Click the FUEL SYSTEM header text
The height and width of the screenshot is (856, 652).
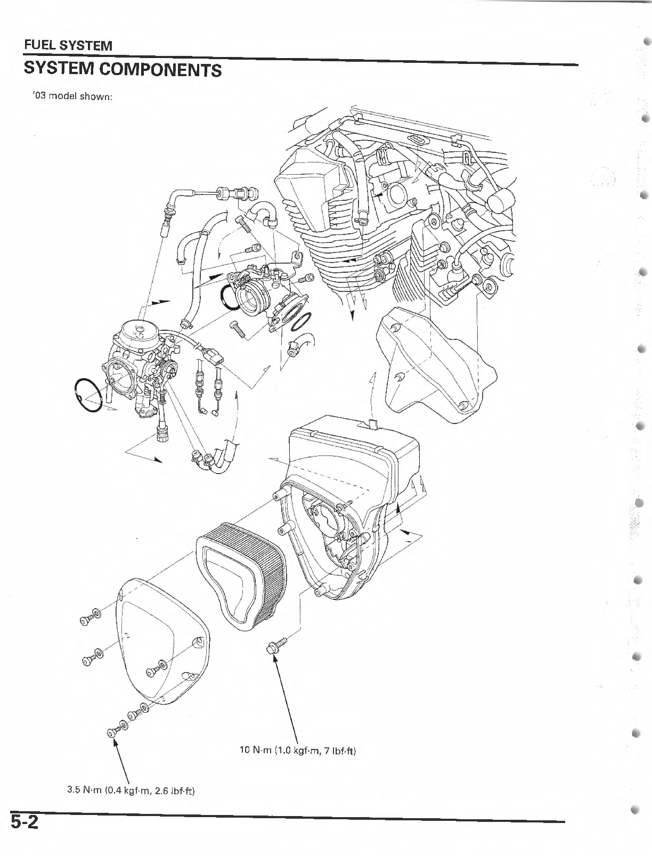click(68, 45)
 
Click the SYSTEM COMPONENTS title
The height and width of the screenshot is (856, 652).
click(123, 69)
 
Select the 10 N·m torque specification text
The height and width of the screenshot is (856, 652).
click(297, 751)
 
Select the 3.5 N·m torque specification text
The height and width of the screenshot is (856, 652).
click(131, 790)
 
